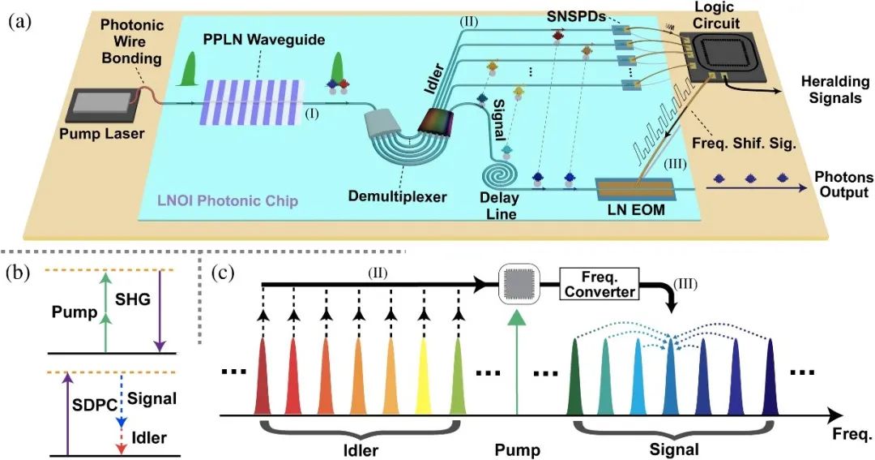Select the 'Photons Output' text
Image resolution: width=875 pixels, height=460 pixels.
[843, 185]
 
